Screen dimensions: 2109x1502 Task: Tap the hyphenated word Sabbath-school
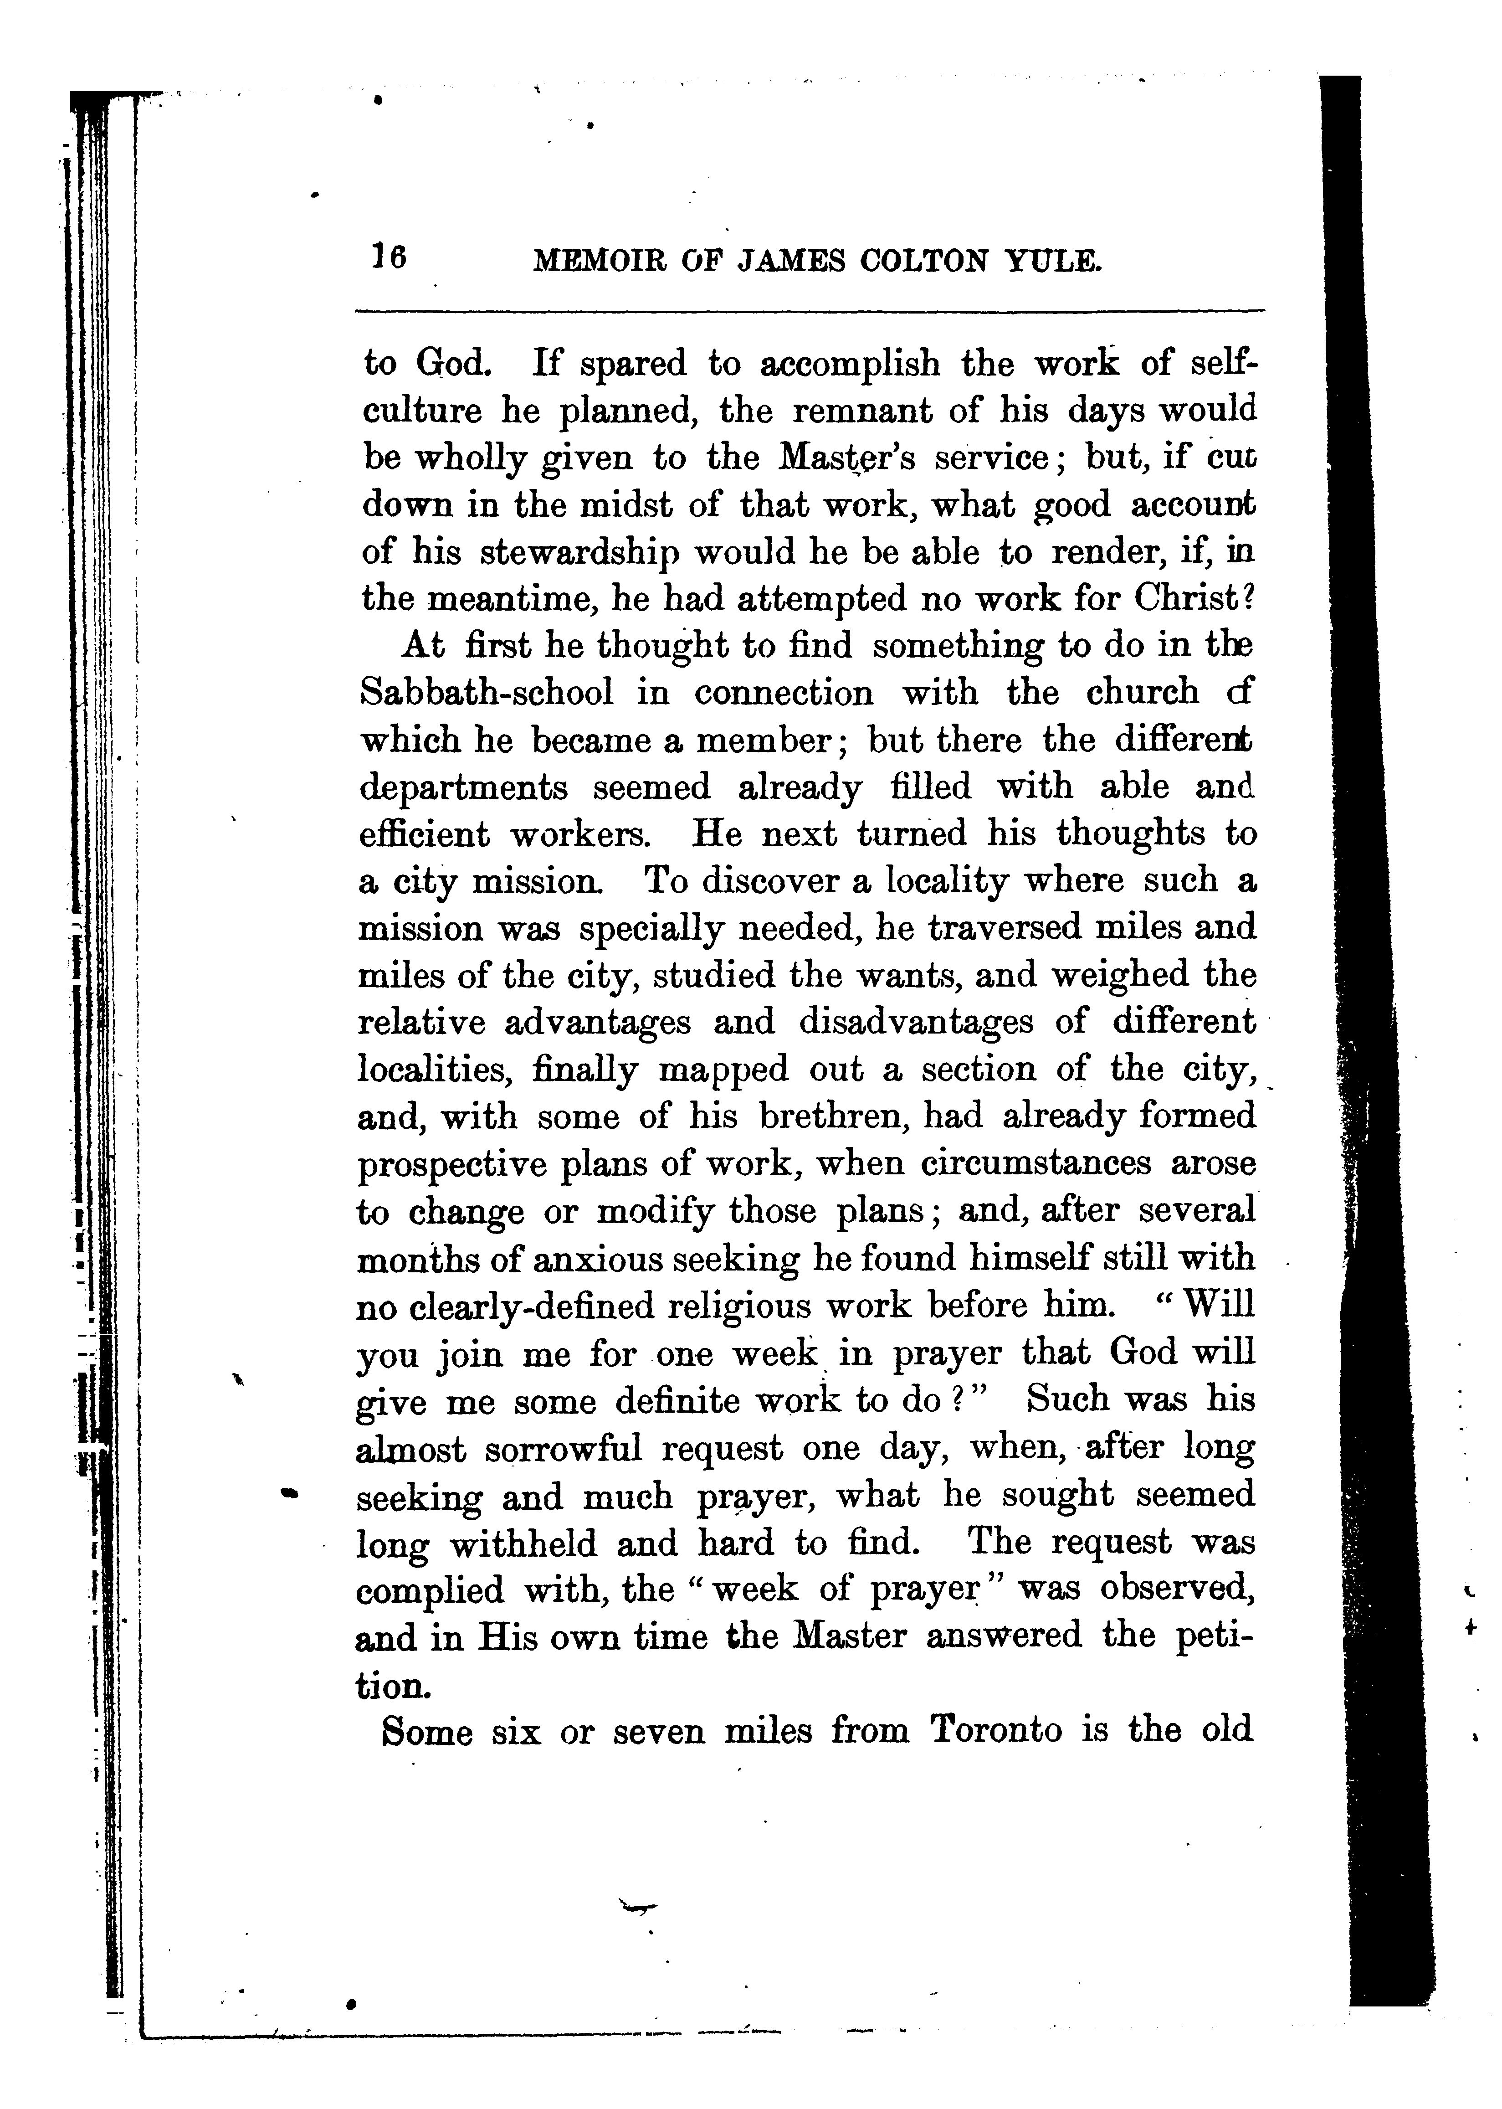tap(486, 693)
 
